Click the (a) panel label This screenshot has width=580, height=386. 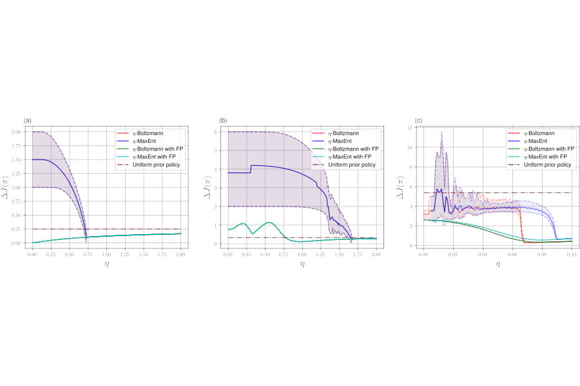[27, 121]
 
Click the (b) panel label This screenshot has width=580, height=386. [223, 121]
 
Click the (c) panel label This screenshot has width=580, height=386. [418, 121]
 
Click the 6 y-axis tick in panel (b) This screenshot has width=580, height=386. [220, 132]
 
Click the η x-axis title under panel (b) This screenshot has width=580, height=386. [302, 264]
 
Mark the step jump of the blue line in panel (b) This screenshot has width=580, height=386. [250, 169]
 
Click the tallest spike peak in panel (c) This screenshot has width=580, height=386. [441, 132]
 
